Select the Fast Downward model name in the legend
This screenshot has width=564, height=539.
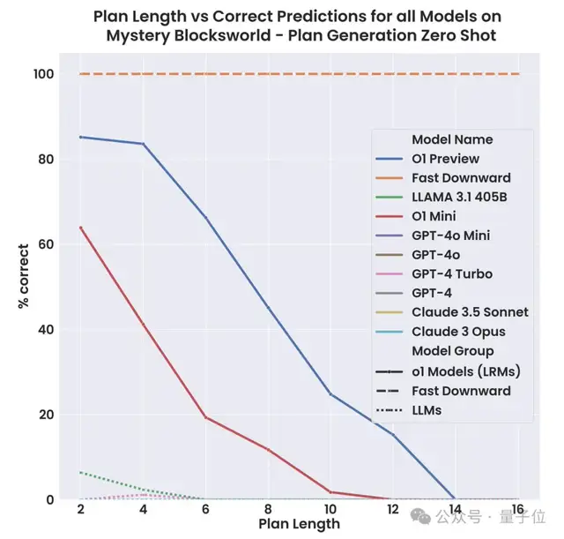coord(458,178)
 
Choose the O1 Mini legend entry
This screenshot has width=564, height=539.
coord(440,216)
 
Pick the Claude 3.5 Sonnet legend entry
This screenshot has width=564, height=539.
coord(470,312)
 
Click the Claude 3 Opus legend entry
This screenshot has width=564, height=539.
coord(458,332)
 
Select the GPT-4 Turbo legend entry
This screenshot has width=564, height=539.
coord(452,274)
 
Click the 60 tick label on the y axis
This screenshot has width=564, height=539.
coord(47,244)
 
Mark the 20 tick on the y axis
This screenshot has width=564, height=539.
coord(47,415)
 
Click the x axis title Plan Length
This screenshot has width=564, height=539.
coord(299,524)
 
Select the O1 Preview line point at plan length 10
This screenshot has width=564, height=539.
coord(330,393)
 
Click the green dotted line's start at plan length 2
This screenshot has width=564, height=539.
coord(80,472)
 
